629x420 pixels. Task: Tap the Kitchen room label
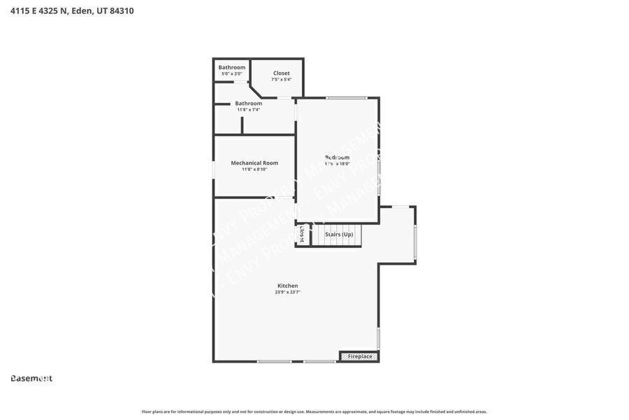pos(287,286)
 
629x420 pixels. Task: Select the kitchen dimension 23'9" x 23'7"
pos(287,292)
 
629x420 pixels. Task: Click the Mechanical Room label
pos(254,163)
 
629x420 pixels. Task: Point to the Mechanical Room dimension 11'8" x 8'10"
pos(254,169)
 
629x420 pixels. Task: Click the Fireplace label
pos(360,356)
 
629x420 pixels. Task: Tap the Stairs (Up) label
pos(339,234)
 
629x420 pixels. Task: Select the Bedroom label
pos(338,157)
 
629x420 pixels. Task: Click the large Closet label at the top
pos(282,73)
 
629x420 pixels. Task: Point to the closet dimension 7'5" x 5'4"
pos(282,79)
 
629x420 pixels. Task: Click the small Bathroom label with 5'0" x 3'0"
pos(232,67)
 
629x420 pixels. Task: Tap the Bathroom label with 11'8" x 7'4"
pos(248,103)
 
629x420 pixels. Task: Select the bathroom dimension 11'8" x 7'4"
pos(248,109)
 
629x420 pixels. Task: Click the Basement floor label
pos(31,379)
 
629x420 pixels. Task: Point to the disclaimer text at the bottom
pos(314,412)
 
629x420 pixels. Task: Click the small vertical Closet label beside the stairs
pos(302,234)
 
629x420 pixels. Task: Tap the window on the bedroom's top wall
pos(347,97)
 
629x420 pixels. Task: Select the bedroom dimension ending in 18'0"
pos(338,164)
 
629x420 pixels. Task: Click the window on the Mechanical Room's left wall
pos(214,169)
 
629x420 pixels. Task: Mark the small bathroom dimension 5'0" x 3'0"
pos(232,73)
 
